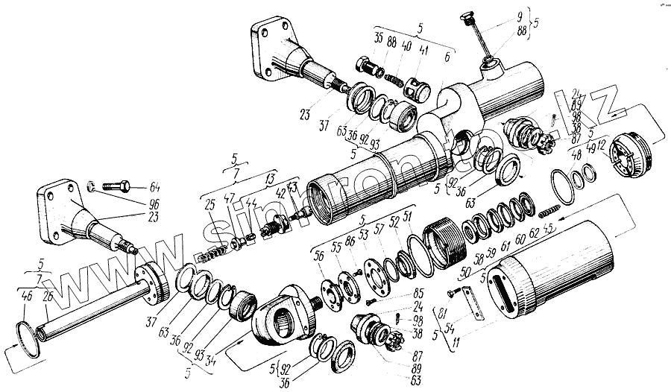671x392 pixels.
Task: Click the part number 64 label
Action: point(154,187)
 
